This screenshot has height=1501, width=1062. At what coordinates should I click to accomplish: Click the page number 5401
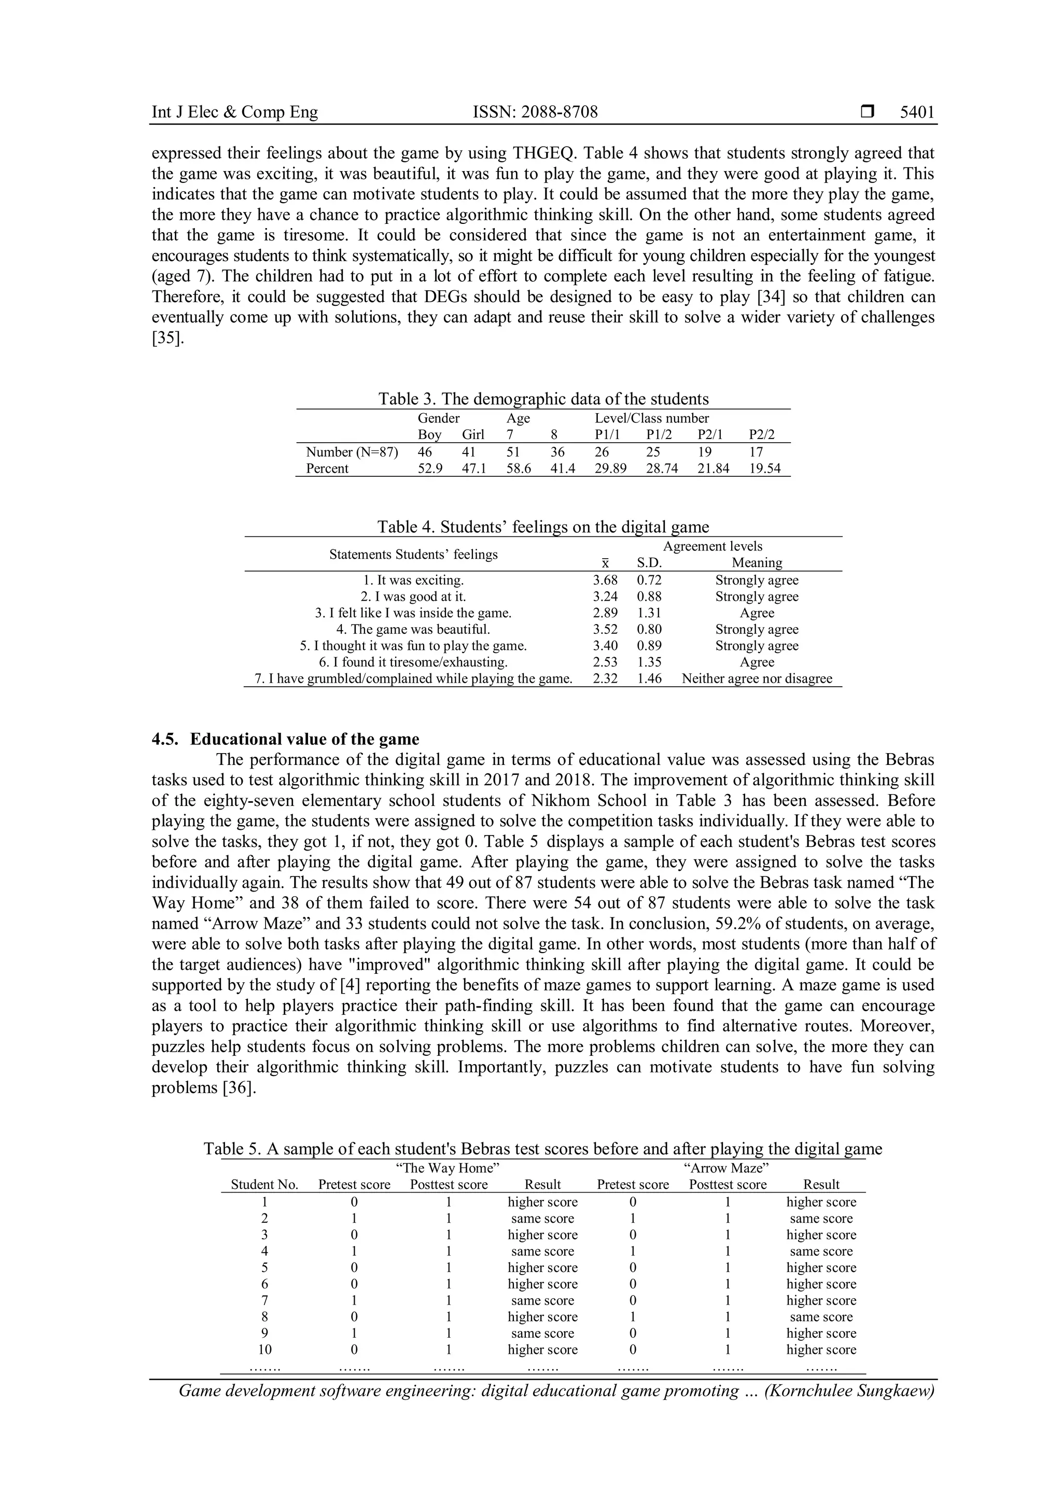[x=917, y=112]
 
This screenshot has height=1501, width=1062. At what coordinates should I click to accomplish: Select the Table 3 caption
[x=543, y=399]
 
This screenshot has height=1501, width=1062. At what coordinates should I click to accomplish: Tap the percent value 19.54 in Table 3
[x=764, y=468]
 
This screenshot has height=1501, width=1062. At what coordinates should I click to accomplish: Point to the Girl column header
[x=473, y=435]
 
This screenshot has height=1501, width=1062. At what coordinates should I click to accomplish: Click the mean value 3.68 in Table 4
[x=605, y=580]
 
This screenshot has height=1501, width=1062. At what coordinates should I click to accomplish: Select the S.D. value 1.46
[x=649, y=678]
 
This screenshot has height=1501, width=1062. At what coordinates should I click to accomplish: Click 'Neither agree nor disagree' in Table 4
[x=757, y=678]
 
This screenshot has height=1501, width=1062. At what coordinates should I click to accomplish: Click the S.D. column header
[x=649, y=563]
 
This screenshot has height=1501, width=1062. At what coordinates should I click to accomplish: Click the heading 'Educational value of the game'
[x=305, y=740]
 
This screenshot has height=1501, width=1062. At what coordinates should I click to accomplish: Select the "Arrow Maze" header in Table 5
[x=726, y=1168]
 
